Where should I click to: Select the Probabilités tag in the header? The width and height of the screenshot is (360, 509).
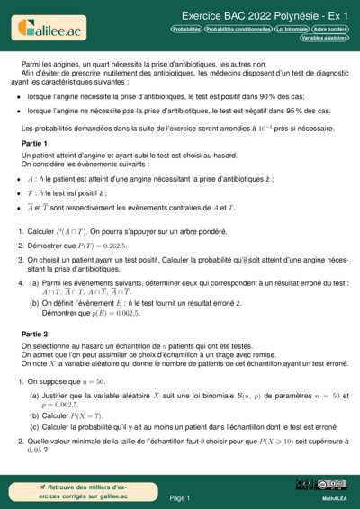point(186,29)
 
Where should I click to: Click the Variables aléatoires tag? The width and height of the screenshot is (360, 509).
point(325,39)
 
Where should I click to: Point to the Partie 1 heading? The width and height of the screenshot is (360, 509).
point(34,143)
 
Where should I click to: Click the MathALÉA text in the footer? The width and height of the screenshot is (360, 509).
point(335,497)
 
